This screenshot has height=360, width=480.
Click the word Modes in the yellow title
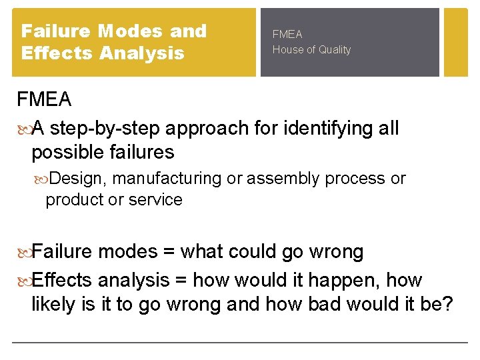pyautogui.click(x=129, y=31)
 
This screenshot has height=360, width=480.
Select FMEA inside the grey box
pyautogui.click(x=287, y=34)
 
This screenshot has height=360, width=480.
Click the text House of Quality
pyautogui.click(x=311, y=50)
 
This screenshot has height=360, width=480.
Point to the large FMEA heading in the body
pyautogui.click(x=44, y=100)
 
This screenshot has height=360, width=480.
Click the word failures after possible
pyautogui.click(x=143, y=152)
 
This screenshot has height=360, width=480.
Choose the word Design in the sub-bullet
pyautogui.click(x=78, y=179)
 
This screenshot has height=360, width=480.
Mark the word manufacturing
pyautogui.click(x=167, y=179)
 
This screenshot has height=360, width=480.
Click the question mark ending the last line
pyautogui.click(x=447, y=304)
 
